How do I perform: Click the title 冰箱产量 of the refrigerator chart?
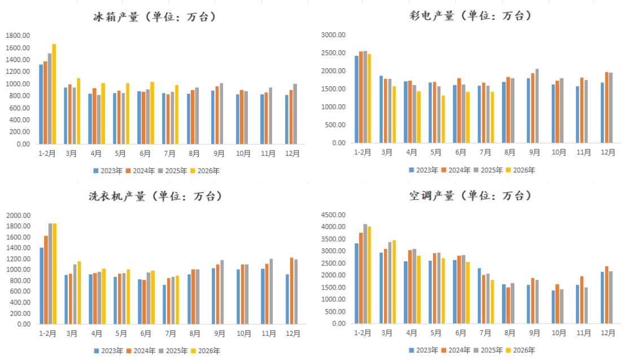pyautogui.click(x=116, y=17)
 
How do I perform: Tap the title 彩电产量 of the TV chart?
pyautogui.click(x=432, y=16)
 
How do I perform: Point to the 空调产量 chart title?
pyautogui.click(x=432, y=196)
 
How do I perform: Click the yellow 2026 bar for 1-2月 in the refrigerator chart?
pyautogui.click(x=54, y=94)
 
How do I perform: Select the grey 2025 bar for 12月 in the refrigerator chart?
pyautogui.click(x=295, y=114)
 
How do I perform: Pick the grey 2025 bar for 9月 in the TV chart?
pyautogui.click(x=537, y=106)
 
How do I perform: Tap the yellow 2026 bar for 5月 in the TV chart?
pyautogui.click(x=443, y=119)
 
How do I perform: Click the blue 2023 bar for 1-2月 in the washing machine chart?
pyautogui.click(x=42, y=286)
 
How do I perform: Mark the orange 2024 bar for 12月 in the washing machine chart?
pyautogui.click(x=292, y=291)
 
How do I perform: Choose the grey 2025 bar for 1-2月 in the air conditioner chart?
pyautogui.click(x=365, y=274)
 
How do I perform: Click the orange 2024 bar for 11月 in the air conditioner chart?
pyautogui.click(x=582, y=300)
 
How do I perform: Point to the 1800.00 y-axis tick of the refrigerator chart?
pyautogui.click(x=18, y=36)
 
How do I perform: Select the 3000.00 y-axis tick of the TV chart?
pyautogui.click(x=333, y=35)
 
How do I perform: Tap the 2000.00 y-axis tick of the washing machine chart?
pyautogui.click(x=18, y=216)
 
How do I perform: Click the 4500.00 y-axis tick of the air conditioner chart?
pyautogui.click(x=333, y=215)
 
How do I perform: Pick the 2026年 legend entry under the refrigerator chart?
pyautogui.click(x=205, y=171)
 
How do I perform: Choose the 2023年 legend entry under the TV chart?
pyautogui.click(x=423, y=170)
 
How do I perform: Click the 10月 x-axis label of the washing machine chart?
pyautogui.click(x=244, y=333)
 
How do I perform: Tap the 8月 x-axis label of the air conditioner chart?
pyautogui.click(x=509, y=333)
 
